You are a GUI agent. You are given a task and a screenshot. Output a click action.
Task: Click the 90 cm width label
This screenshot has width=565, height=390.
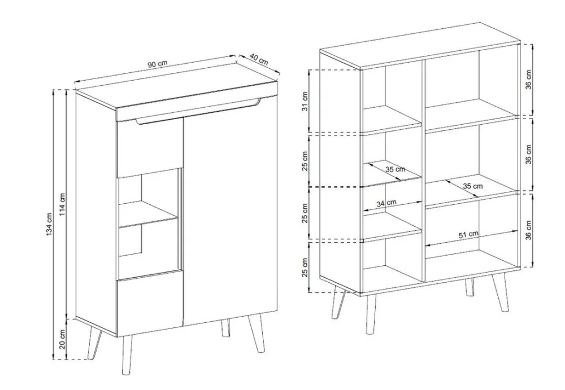158,64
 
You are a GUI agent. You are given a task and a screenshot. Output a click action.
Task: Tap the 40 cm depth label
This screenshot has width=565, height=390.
259,59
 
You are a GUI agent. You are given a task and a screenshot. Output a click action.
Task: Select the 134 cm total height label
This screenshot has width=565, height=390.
49,225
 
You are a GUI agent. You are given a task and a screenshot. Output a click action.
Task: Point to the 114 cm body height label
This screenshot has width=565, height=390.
62,205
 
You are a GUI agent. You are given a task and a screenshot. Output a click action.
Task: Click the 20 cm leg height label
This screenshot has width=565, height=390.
62,339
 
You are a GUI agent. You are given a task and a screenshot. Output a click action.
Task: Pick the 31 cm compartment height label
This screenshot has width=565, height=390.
305,102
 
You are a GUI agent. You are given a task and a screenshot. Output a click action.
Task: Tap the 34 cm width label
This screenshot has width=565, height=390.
386,203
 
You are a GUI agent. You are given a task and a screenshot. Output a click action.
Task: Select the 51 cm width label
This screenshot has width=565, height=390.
468,234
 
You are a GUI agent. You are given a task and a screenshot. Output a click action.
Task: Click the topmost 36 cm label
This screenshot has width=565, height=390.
528,80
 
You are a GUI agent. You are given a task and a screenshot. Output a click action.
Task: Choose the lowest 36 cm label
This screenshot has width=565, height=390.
528,230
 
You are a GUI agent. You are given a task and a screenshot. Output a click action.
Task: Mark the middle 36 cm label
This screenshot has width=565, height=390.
528,155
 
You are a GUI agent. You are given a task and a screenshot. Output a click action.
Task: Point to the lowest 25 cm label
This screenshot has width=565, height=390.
305,267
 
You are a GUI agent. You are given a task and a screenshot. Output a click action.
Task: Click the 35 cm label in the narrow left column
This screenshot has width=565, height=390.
395,169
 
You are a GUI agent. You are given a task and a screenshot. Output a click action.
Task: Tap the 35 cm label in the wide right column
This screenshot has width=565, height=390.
472,186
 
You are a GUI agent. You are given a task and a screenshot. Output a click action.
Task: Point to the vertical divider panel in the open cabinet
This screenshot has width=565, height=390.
424,170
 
